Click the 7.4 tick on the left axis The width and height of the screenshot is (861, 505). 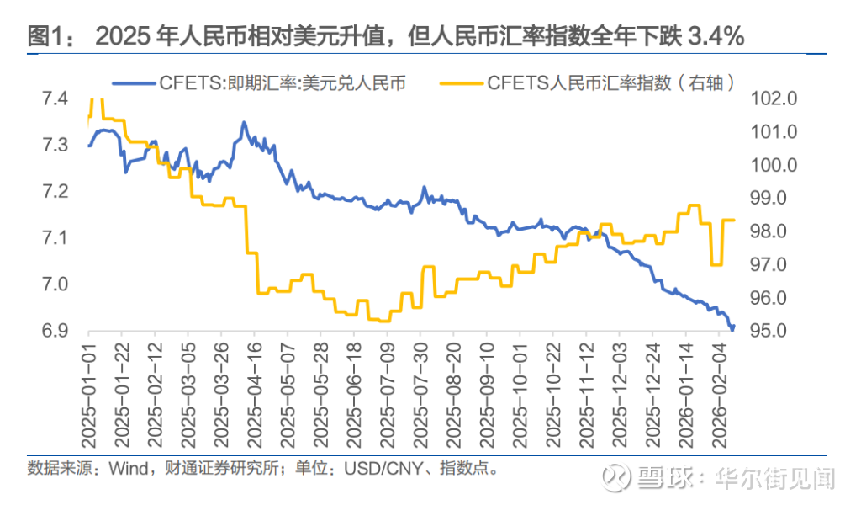click(55, 99)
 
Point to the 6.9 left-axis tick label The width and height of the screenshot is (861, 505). click(55, 331)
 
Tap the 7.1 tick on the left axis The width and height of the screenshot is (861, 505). click(55, 239)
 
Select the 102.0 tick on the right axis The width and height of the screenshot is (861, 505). click(774, 99)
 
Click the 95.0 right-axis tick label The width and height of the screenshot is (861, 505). click(774, 331)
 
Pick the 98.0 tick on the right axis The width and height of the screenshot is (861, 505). click(774, 231)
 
